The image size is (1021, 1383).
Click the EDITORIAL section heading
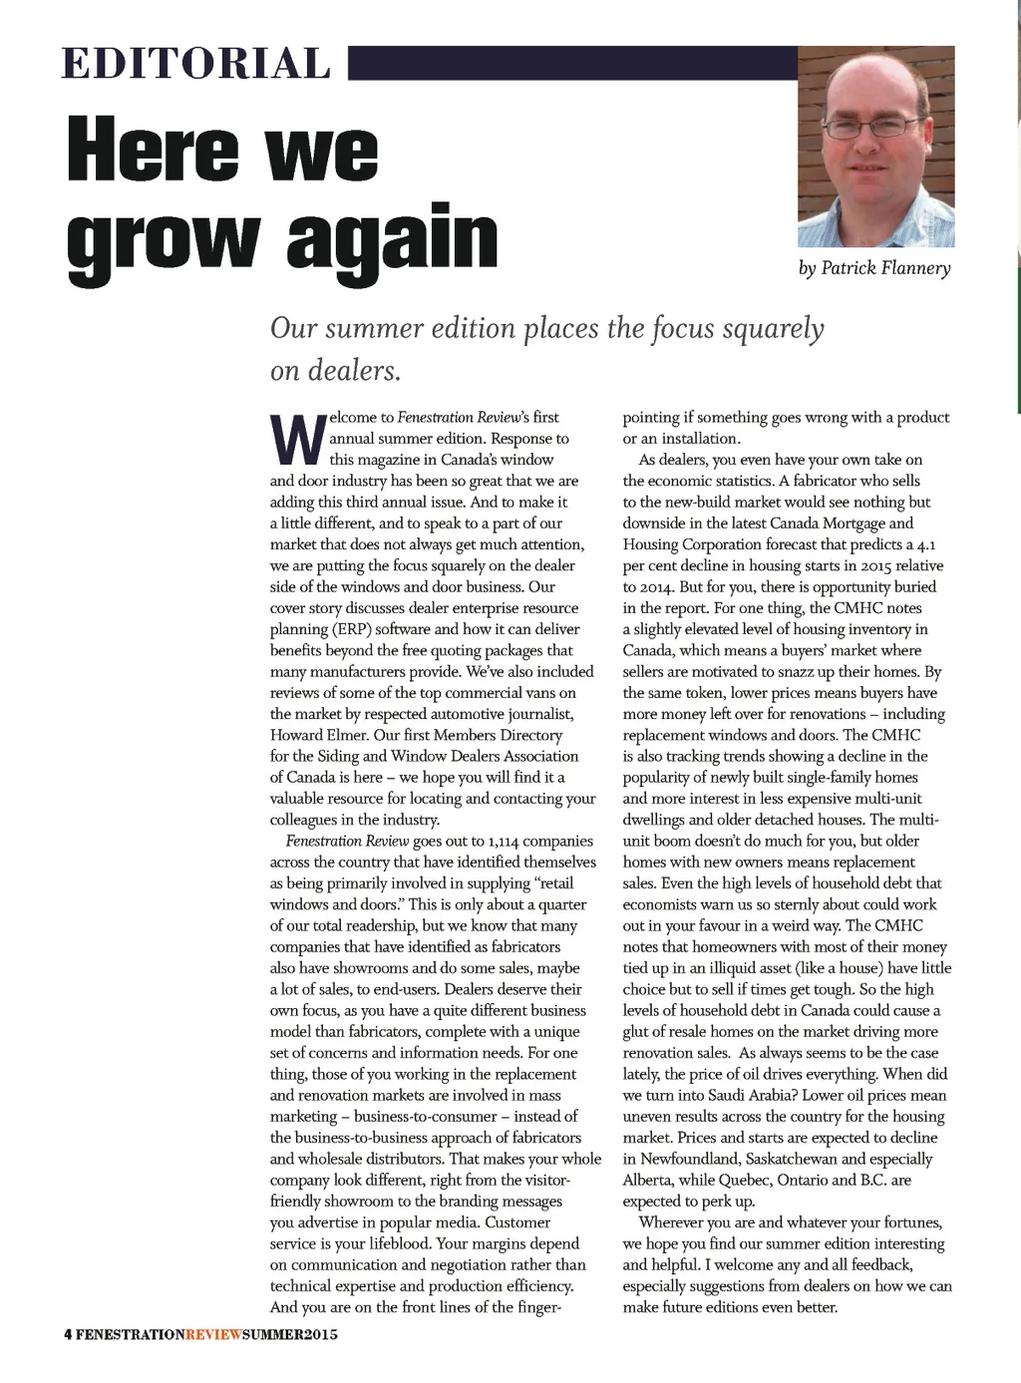[x=195, y=64]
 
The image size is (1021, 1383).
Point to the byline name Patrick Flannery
[x=885, y=268]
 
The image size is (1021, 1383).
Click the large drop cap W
[x=297, y=440]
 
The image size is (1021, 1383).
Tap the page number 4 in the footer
[x=68, y=1335]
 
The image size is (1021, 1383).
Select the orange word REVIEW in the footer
[x=213, y=1335]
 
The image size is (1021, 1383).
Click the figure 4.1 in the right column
[x=926, y=544]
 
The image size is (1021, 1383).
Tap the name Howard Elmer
[x=311, y=735]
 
